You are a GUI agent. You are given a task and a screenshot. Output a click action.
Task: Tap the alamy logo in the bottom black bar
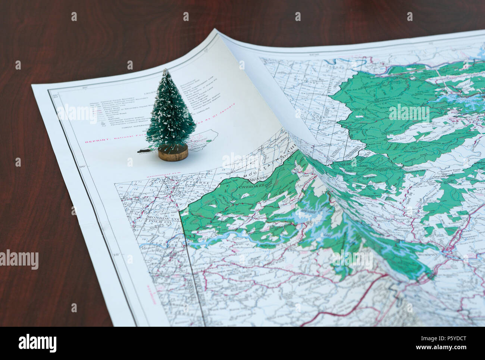tap(38, 343)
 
